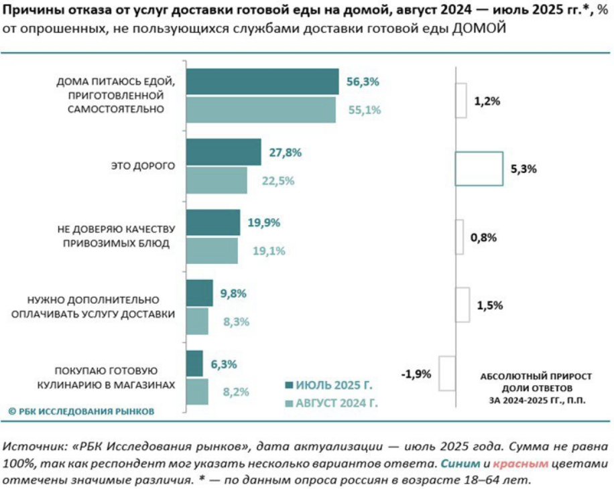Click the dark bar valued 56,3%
[262, 82]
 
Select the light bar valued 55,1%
[260, 110]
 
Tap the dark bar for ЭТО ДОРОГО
[223, 152]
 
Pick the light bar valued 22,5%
[216, 180]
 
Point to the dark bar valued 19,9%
[212, 222]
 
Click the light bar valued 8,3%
[197, 322]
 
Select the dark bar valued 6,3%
[194, 364]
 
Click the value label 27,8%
[284, 152]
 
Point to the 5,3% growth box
[479, 168]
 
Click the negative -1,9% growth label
[417, 374]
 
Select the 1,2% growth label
[487, 101]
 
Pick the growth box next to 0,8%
[459, 237]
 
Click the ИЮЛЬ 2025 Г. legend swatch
[290, 385]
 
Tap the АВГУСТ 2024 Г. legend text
[336, 403]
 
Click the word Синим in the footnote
[460, 464]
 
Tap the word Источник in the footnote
[30, 447]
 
